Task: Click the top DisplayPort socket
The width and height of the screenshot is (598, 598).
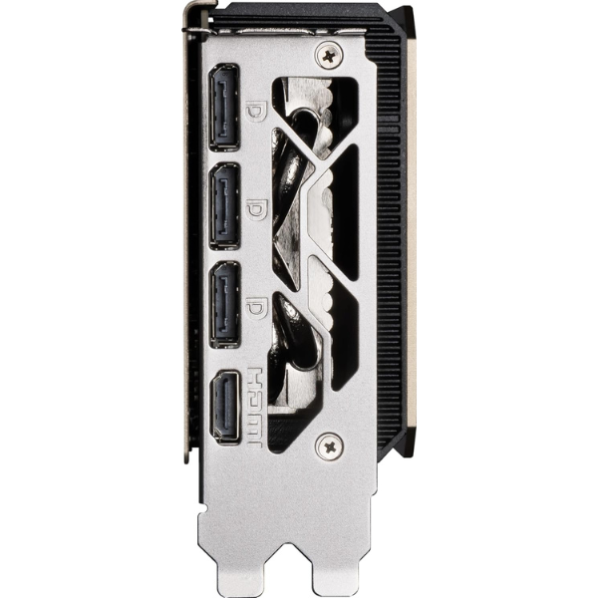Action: pos(224,108)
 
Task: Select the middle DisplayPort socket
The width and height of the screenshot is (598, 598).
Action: pos(224,206)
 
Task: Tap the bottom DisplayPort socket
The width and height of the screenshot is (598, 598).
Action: pos(225,304)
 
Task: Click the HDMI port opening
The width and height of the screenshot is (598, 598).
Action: pos(225,408)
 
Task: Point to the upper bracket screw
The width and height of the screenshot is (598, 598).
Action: pos(329,56)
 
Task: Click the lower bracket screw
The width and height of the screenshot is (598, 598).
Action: pos(329,447)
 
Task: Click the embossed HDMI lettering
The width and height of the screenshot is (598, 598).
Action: pos(255,408)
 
